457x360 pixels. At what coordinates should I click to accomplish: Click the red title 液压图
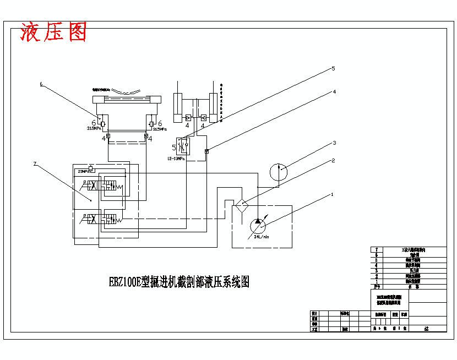coord(53,32)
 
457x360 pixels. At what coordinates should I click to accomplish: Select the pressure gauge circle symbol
coord(279,171)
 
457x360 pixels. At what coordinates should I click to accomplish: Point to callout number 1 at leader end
coord(332,194)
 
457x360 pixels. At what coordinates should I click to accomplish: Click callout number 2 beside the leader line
coord(333,161)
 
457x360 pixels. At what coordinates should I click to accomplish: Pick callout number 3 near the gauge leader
coord(333,143)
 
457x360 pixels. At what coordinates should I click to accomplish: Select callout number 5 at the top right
coord(333,69)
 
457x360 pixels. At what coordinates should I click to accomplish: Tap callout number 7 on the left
coord(35,163)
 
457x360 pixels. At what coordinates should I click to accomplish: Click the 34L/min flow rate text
coord(262,237)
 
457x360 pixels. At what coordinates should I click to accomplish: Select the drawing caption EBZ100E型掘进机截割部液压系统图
coord(179,282)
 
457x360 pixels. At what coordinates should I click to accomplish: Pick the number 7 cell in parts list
coord(377,250)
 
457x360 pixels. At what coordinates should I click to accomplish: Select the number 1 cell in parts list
coord(377,281)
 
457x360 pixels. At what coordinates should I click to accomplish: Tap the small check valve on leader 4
coord(206,151)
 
